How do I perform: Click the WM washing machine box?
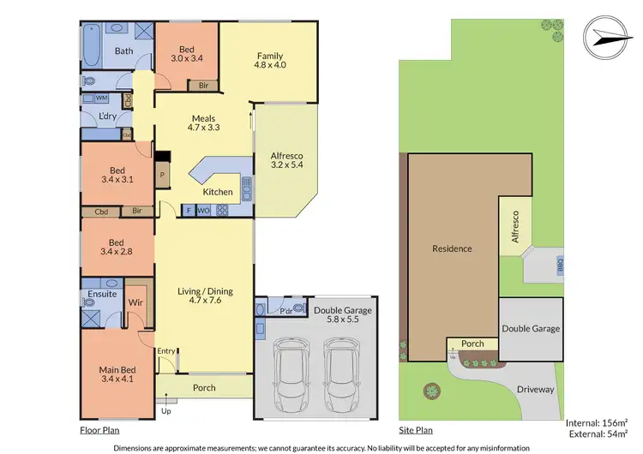pyautogui.click(x=90, y=99)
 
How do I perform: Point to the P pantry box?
pyautogui.click(x=161, y=174)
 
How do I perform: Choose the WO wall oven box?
pyautogui.click(x=203, y=210)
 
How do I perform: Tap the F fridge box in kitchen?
pyautogui.click(x=188, y=210)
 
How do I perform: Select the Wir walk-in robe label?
pyautogui.click(x=135, y=302)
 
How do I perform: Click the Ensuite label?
pyautogui.click(x=102, y=296)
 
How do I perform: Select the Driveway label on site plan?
pyautogui.click(x=537, y=390)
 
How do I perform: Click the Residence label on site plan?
pyautogui.click(x=452, y=249)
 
